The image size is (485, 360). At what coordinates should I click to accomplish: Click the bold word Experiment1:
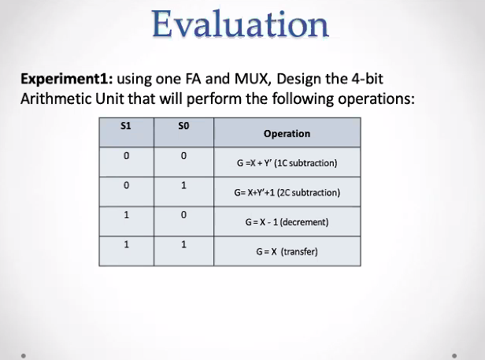click(66, 81)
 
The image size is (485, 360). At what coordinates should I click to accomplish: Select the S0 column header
click(183, 125)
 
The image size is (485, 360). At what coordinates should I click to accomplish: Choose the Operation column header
click(287, 134)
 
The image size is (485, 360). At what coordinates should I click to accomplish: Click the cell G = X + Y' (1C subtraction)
click(287, 164)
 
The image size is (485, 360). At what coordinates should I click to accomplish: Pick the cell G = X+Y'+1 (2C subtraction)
click(287, 193)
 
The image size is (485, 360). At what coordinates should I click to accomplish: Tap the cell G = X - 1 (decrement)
click(287, 222)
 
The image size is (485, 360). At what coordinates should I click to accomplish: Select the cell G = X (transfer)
click(287, 252)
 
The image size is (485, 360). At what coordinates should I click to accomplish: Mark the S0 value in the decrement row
click(183, 215)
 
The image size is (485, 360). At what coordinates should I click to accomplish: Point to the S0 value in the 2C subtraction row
click(183, 186)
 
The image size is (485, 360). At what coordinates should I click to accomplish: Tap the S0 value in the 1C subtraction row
click(183, 156)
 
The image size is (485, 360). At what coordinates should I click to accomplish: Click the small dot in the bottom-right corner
click(454, 354)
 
